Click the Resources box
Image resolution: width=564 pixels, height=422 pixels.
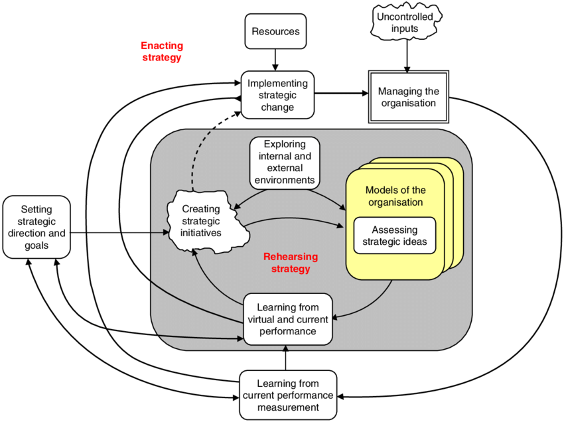pos(275,32)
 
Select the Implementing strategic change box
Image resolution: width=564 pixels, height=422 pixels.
pos(277,95)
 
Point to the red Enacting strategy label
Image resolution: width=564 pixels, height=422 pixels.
pos(161,52)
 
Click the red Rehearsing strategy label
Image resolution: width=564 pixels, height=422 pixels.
pos(291,263)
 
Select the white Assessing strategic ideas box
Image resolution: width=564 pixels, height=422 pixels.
pos(394,234)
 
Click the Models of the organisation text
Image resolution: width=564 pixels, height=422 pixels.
pos(394,196)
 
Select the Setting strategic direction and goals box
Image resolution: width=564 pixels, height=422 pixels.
pos(36,227)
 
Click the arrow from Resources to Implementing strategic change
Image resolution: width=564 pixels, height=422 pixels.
pos(275,60)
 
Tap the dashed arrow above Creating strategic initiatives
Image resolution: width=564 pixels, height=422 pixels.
pos(199,149)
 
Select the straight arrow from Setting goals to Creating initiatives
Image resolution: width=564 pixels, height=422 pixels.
pos(119,232)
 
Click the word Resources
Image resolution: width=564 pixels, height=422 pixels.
pos(275,32)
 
